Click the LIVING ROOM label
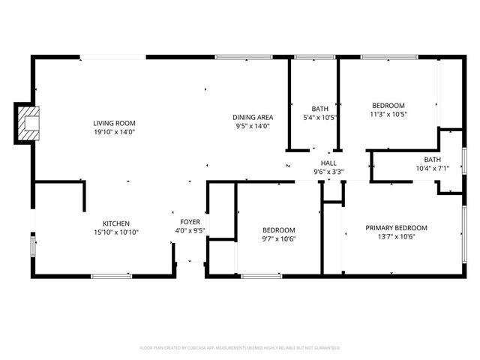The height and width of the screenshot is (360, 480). (114, 123)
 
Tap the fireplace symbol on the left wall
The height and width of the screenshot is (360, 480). (28, 123)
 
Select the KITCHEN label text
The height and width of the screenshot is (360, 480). (116, 223)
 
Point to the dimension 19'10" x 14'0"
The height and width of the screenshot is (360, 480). (114, 133)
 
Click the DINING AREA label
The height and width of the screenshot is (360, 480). (252, 117)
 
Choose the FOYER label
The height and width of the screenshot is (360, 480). (189, 222)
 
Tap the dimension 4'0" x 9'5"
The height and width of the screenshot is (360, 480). (189, 231)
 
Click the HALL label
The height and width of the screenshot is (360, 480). (328, 163)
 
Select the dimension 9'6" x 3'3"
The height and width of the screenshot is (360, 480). (328, 172)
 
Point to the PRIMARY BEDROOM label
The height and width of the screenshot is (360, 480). (396, 228)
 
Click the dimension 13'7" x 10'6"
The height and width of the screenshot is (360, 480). (396, 237)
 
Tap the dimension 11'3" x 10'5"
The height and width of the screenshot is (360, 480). (388, 115)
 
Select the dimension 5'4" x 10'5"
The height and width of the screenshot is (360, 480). (320, 118)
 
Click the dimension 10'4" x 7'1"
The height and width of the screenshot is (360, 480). (432, 169)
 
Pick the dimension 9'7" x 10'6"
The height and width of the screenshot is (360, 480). (278, 239)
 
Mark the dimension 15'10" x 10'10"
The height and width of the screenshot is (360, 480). (116, 232)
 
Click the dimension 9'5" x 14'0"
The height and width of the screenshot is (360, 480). (252, 126)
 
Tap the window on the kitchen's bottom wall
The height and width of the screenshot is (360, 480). (112, 275)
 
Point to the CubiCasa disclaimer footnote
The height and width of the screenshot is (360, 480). (240, 348)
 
